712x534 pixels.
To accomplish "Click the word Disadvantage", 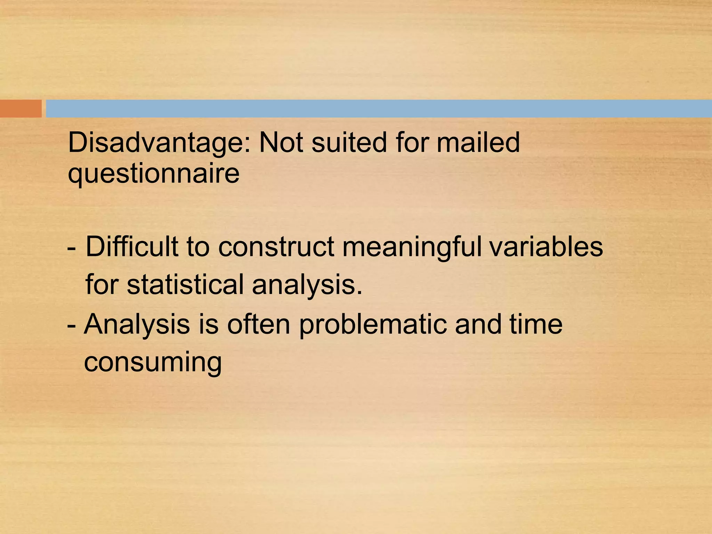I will coord(159,143).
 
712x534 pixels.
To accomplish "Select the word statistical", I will coord(185,284).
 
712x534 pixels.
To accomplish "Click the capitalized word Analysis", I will coord(137,324).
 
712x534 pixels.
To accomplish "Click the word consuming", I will coord(153,363).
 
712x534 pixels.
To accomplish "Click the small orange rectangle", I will coord(21,108).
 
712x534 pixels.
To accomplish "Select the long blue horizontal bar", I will coord(379,108).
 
